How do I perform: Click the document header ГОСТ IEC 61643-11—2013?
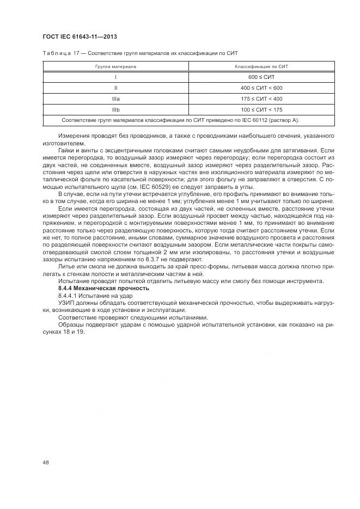pos(80,37)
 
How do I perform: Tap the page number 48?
pos(45,462)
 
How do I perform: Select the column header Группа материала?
pos(115,66)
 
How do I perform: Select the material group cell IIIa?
pos(115,99)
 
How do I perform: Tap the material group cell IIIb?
pos(115,109)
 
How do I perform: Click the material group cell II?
pos(115,88)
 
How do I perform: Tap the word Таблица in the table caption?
pos(55,52)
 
